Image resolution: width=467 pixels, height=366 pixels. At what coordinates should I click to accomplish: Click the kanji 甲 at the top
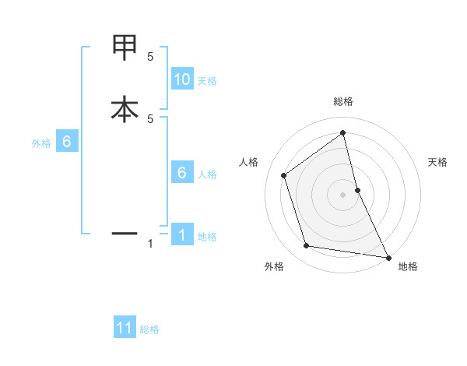tap(124, 48)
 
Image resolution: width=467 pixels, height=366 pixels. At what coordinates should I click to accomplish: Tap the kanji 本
tap(124, 109)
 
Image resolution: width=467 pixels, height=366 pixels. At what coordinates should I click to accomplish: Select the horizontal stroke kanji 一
tap(124, 233)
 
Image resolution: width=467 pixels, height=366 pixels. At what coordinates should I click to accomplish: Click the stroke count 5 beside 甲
tap(150, 57)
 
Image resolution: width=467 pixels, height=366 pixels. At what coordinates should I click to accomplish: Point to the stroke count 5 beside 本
tap(150, 118)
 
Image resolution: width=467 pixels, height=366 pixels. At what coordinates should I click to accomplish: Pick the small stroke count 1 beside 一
tap(150, 245)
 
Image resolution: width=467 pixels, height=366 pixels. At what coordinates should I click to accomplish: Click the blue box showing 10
tap(182, 79)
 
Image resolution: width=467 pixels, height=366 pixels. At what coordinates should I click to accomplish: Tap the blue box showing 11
tap(125, 329)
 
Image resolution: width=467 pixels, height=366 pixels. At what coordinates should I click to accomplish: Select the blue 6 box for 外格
tap(67, 143)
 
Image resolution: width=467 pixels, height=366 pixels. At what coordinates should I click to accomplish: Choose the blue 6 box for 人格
tap(182, 173)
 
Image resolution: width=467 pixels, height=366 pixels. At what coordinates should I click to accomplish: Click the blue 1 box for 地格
tap(182, 235)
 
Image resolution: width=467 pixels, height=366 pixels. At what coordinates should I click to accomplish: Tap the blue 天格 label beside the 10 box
tap(207, 81)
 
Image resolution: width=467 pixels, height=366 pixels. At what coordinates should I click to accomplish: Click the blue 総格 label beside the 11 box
tap(149, 329)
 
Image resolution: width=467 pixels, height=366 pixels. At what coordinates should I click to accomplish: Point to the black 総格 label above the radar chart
tap(343, 102)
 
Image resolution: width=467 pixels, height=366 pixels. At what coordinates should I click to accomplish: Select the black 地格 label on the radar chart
tap(408, 267)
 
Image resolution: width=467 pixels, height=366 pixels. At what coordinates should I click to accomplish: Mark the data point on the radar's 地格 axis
tap(388, 257)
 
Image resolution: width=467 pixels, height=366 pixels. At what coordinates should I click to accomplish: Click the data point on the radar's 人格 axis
tap(284, 175)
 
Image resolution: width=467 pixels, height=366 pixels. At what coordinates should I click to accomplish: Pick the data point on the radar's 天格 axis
tap(357, 190)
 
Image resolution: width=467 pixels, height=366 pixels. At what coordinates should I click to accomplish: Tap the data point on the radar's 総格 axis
tap(343, 133)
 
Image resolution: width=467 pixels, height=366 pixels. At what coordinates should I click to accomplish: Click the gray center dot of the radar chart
tap(343, 195)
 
